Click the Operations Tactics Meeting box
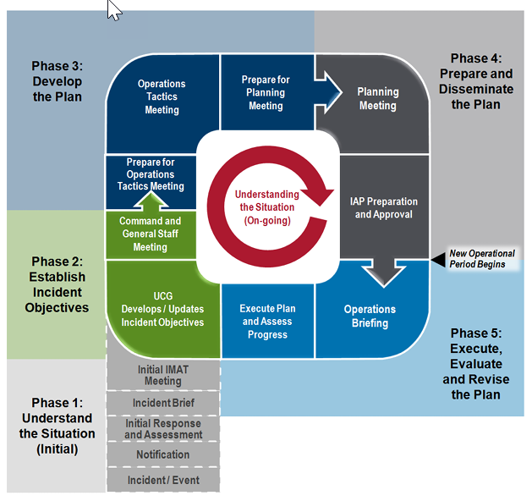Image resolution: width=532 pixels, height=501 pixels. click(162, 102)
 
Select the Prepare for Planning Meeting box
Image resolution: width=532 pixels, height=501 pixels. click(266, 92)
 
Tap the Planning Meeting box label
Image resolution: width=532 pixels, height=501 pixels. click(378, 98)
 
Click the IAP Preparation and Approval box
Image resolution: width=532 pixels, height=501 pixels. click(384, 207)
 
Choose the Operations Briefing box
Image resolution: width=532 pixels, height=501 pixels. click(371, 316)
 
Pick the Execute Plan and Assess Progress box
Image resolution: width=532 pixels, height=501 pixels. click(267, 321)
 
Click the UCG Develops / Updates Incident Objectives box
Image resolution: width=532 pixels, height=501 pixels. click(163, 309)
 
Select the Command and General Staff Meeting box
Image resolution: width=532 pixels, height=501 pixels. click(151, 234)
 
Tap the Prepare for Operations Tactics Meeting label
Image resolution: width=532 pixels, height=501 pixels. click(151, 174)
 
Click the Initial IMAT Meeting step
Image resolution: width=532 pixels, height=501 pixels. click(163, 375)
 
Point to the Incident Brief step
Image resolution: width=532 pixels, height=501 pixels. click(163, 403)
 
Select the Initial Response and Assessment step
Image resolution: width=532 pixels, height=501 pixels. click(163, 429)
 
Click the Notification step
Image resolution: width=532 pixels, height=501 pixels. click(163, 454)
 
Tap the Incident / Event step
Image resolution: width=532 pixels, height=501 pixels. click(163, 480)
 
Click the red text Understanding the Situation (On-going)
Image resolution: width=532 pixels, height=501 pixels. click(267, 207)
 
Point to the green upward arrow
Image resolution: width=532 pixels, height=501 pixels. click(151, 201)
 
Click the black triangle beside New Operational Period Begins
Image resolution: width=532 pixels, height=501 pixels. click(438, 259)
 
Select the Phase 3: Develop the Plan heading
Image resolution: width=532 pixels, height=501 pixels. click(57, 81)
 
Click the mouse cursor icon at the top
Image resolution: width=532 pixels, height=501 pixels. click(114, 10)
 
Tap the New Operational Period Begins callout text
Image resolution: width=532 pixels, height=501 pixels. click(482, 259)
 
